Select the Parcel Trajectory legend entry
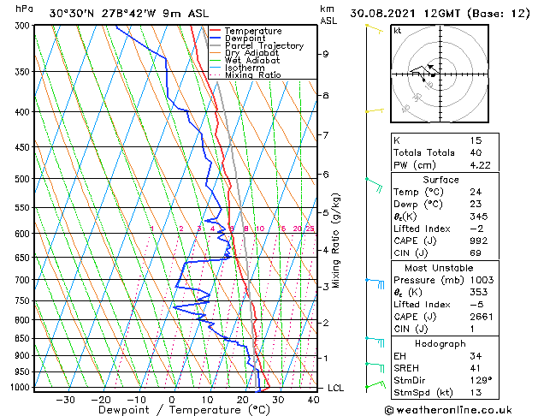pos(263,46)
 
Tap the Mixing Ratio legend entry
pos(252,75)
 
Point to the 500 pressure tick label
pos(22,179)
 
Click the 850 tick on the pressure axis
pos(22,339)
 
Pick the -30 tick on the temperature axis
pos(65,399)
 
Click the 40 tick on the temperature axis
pos(313,399)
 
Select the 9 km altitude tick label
pos(326,54)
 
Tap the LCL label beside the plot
pos(336,388)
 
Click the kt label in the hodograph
pos(397,30)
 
